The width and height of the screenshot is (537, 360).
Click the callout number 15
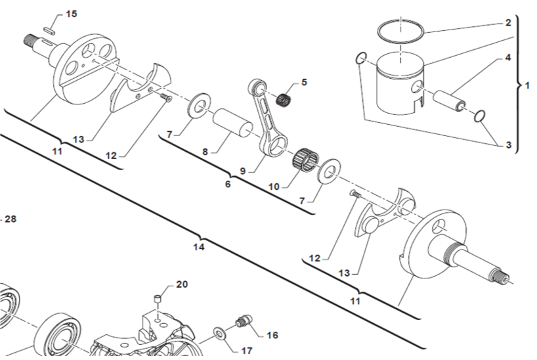point(71,13)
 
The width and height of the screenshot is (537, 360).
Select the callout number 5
point(303,82)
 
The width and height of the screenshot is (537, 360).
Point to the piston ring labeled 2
point(400,30)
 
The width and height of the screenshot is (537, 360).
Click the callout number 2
point(507,22)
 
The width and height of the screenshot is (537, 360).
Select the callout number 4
point(507,58)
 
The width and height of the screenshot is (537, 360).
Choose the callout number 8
point(205,152)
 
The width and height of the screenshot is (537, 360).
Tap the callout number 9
point(242,170)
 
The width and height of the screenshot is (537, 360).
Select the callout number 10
point(274,187)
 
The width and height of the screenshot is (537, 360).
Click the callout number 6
point(228,185)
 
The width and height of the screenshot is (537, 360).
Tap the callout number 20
point(182,284)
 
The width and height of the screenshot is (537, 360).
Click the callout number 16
point(272,335)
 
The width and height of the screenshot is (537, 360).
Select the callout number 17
point(246,351)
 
